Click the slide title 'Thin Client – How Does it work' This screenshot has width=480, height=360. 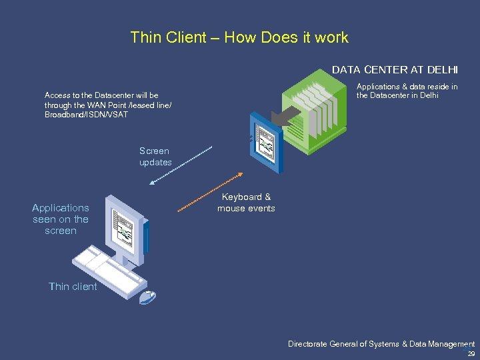[x=239, y=37]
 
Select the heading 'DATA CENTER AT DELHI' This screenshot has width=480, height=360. [x=395, y=70]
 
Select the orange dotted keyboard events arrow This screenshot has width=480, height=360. [x=211, y=193]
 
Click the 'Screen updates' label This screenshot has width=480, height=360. [x=155, y=157]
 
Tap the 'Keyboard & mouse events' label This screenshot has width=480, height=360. [x=246, y=203]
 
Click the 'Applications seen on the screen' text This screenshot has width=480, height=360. [x=61, y=219]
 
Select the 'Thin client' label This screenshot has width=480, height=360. [x=73, y=287]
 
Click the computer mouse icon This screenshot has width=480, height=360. [x=148, y=297]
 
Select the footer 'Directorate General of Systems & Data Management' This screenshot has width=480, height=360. [x=381, y=344]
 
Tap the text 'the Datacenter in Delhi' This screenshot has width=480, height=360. [x=397, y=96]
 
